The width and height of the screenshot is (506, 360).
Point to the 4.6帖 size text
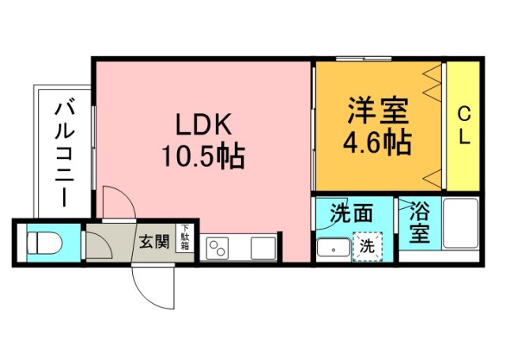[376, 142]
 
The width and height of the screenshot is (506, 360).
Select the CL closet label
[463, 125]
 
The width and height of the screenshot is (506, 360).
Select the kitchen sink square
[262, 247]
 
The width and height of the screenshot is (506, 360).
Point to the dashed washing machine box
[368, 245]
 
